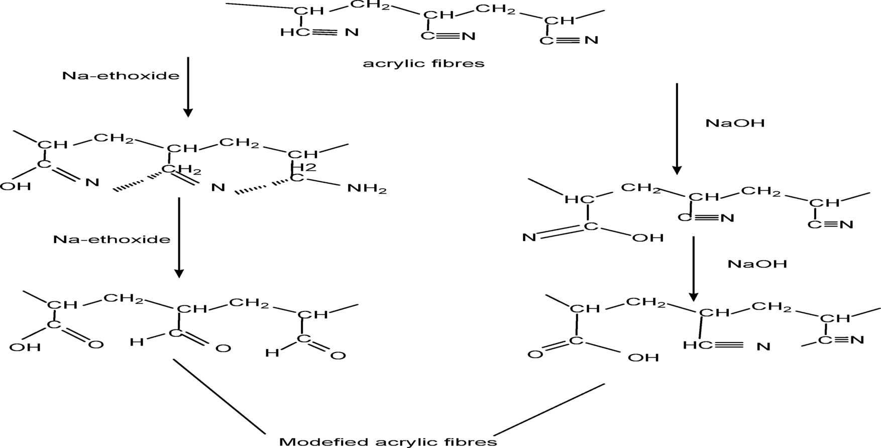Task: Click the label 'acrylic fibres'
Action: (x=423, y=64)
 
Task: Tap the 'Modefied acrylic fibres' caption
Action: (x=388, y=441)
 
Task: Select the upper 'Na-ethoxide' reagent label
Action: (x=121, y=76)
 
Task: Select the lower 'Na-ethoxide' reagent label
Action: (x=112, y=239)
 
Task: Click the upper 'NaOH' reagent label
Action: (x=735, y=123)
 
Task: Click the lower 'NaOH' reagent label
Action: (x=757, y=264)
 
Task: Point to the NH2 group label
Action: (x=367, y=189)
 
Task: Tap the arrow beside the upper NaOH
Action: (x=677, y=128)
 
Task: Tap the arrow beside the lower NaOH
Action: (x=693, y=268)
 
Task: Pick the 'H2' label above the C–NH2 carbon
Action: (x=304, y=168)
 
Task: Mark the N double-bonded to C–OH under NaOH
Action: (x=529, y=237)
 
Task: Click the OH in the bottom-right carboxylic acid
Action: (x=643, y=358)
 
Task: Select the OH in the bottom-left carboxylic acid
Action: (x=25, y=347)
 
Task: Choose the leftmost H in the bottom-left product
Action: (x=136, y=342)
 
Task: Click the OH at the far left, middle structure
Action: (x=15, y=186)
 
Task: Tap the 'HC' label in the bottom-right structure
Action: (x=693, y=346)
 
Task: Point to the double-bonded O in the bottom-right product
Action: (x=535, y=355)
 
